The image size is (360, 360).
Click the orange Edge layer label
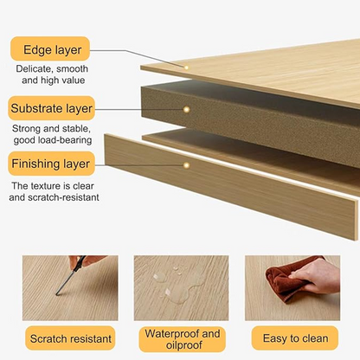pos(50,48)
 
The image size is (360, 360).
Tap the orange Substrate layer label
pos(51,108)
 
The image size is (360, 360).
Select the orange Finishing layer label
pos(51,164)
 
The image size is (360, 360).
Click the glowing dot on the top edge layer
pos(186,67)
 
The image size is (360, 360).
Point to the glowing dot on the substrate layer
pos(186,110)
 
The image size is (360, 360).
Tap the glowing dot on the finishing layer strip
pos(186,165)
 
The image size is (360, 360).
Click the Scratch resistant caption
pos(70,338)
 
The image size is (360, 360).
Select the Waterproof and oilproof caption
pos(183,339)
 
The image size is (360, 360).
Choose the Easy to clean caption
pos(295,338)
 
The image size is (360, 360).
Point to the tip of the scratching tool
pos(57,294)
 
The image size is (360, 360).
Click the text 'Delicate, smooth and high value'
pos(52,74)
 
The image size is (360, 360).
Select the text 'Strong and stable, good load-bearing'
pos(52,134)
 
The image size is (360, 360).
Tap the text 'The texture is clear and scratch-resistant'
pos(54,191)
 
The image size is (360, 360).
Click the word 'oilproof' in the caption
pos(184,345)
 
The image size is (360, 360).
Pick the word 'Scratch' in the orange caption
pos(48,338)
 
